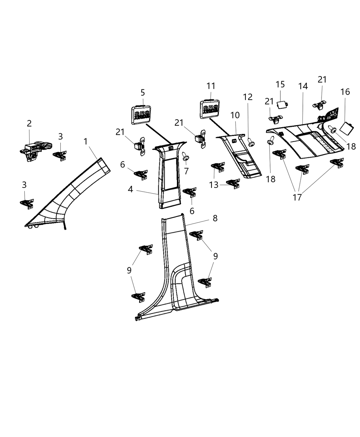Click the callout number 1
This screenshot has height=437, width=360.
(86, 141)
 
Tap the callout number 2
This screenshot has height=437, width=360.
(29, 123)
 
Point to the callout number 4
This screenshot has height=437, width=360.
(131, 189)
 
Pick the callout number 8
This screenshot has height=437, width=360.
(215, 218)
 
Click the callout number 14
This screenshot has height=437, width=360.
(303, 86)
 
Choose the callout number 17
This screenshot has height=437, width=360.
(297, 197)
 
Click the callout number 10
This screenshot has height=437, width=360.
(235, 116)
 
